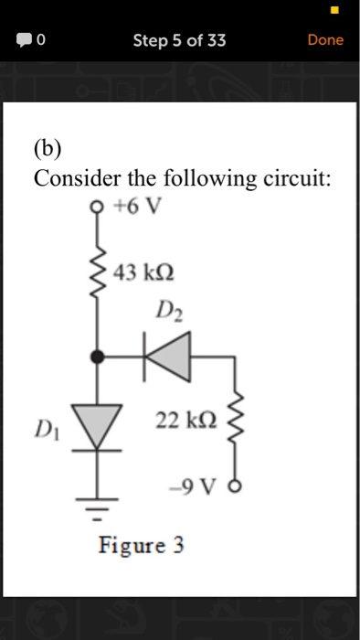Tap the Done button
325,40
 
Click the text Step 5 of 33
179,40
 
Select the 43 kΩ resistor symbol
98,272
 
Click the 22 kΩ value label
185,420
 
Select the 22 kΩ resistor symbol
237,421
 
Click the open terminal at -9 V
238,485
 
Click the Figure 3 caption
142,546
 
